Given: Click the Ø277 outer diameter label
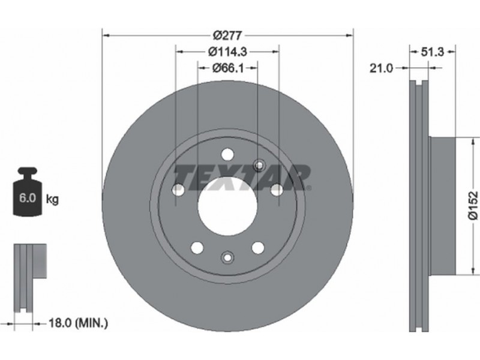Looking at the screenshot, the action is click(227, 36).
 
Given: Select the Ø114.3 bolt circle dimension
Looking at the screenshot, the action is click(227, 52).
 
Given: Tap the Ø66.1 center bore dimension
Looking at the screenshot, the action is click(228, 68).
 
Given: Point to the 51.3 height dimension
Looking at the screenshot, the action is click(432, 52).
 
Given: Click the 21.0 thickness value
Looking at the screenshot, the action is click(381, 68).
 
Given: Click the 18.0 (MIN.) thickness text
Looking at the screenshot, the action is click(79, 323).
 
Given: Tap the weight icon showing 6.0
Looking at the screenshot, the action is click(28, 191).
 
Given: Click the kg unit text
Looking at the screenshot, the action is click(52, 200).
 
